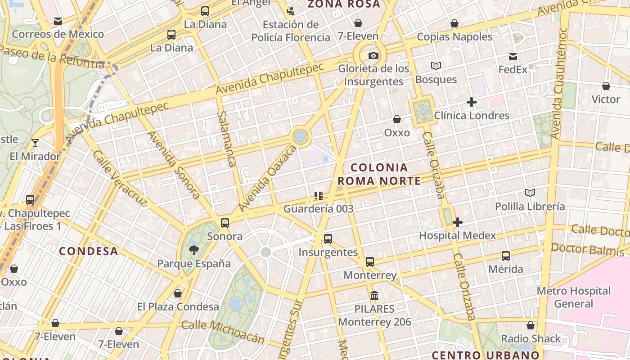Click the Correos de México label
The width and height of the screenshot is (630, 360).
point(58,34)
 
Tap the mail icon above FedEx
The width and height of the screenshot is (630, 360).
point(513,57)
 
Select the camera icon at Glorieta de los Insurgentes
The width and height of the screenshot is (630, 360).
point(373,56)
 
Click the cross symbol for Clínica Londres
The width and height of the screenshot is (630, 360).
point(471,103)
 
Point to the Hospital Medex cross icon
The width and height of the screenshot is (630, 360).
point(458,222)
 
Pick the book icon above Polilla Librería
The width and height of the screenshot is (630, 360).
point(530,193)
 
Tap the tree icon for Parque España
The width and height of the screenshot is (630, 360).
point(194,250)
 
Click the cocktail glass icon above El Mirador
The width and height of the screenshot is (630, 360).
point(35,143)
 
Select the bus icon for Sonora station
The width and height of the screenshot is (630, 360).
point(225,223)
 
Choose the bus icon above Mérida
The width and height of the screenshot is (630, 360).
point(506,256)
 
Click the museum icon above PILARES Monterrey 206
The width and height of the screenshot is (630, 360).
point(374,296)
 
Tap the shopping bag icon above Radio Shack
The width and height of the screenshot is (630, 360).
point(531,325)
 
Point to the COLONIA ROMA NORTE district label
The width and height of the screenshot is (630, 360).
point(379,174)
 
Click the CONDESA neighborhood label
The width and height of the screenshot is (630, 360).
point(89,251)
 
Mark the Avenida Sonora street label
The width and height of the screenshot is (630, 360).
point(174,165)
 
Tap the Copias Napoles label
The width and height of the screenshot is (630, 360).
point(454,37)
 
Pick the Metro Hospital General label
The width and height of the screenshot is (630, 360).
point(574,297)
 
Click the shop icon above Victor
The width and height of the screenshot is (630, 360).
point(606,86)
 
